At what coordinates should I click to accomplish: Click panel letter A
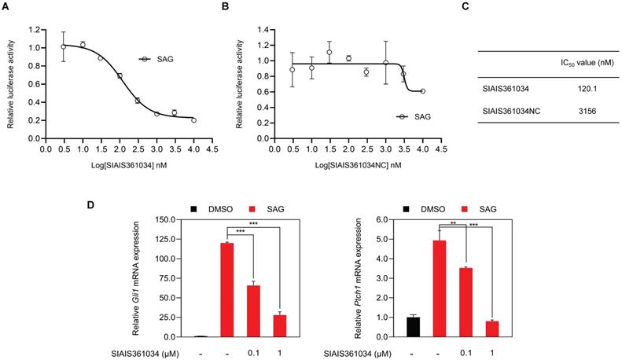[7, 7]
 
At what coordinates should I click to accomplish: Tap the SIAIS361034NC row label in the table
[511, 111]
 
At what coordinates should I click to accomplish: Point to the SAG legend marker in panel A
[145, 59]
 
